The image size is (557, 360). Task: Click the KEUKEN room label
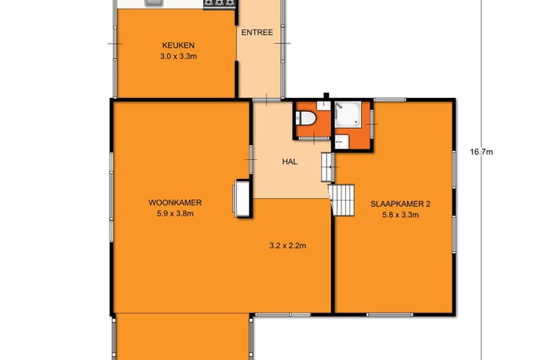click(x=178, y=46)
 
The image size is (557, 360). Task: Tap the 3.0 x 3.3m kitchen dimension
click(x=178, y=56)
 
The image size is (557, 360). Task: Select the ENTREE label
click(x=258, y=32)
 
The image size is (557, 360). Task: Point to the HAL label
click(x=289, y=162)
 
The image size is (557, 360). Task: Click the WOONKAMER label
click(x=175, y=202)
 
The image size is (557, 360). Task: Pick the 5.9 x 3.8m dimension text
click(x=175, y=213)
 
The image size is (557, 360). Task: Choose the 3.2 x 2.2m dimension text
click(x=288, y=246)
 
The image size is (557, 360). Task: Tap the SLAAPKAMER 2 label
click(x=400, y=204)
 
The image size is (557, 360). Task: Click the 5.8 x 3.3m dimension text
click(x=400, y=215)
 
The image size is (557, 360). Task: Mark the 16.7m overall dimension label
click(x=481, y=152)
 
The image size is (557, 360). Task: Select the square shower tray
click(x=348, y=113)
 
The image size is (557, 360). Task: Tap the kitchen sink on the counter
click(x=154, y=3)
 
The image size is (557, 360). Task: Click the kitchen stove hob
click(x=219, y=3)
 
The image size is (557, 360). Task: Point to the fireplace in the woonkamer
click(x=242, y=198)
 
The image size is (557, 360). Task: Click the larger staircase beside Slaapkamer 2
click(x=342, y=200)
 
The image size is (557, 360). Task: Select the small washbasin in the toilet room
click(x=324, y=105)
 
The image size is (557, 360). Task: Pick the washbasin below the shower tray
click(x=341, y=142)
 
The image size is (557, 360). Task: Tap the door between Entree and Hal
click(x=267, y=100)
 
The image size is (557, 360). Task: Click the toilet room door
click(x=314, y=138)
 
